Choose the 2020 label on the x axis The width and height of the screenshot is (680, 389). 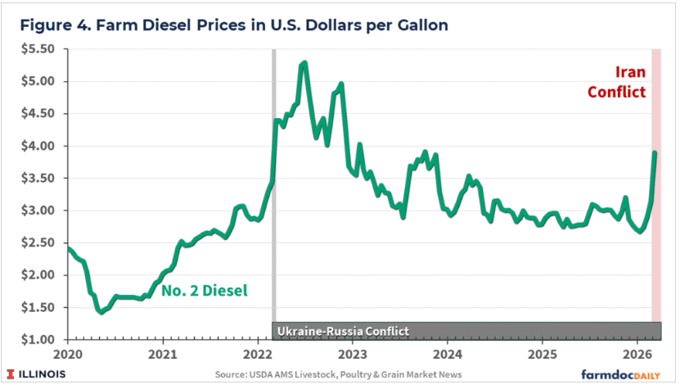tap(67, 355)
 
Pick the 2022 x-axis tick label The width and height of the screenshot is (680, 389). tap(258, 355)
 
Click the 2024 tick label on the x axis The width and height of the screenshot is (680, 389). tap(448, 355)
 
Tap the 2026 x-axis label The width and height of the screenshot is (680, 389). tap(639, 355)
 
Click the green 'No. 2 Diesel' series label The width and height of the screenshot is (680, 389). tap(204, 289)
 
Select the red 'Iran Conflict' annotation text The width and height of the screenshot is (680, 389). tap(617, 81)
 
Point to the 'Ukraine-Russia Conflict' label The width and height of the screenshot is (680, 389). tap(342, 331)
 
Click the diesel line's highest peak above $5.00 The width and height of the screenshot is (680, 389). tap(304, 62)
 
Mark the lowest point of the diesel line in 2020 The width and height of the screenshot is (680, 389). tap(101, 312)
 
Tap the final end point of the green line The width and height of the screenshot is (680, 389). tap(655, 152)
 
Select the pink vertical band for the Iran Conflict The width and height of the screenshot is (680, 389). tap(656, 246)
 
